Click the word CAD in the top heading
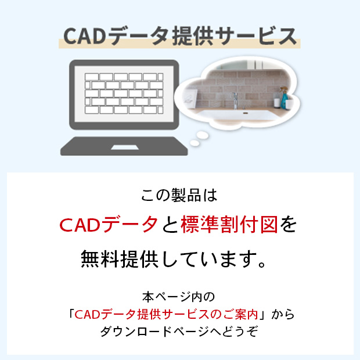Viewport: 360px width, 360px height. click(85, 36)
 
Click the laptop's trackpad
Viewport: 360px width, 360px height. click(125, 147)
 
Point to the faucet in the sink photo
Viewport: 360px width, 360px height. click(235, 100)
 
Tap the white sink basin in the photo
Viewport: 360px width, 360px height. click(239, 115)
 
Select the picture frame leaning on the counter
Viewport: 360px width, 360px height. click(190, 99)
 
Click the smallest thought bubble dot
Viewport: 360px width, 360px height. click(195, 143)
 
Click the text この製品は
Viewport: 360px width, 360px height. click(179, 195)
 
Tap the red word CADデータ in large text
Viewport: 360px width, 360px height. click(109, 225)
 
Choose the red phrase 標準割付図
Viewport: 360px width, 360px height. click(229, 225)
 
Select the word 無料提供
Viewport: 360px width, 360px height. click(120, 259)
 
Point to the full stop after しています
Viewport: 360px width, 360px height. click(262, 264)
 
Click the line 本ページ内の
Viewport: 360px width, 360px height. click(179, 297)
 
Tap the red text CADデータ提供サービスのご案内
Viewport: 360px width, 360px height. click(166, 314)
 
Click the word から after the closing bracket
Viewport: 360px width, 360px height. click(283, 314)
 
